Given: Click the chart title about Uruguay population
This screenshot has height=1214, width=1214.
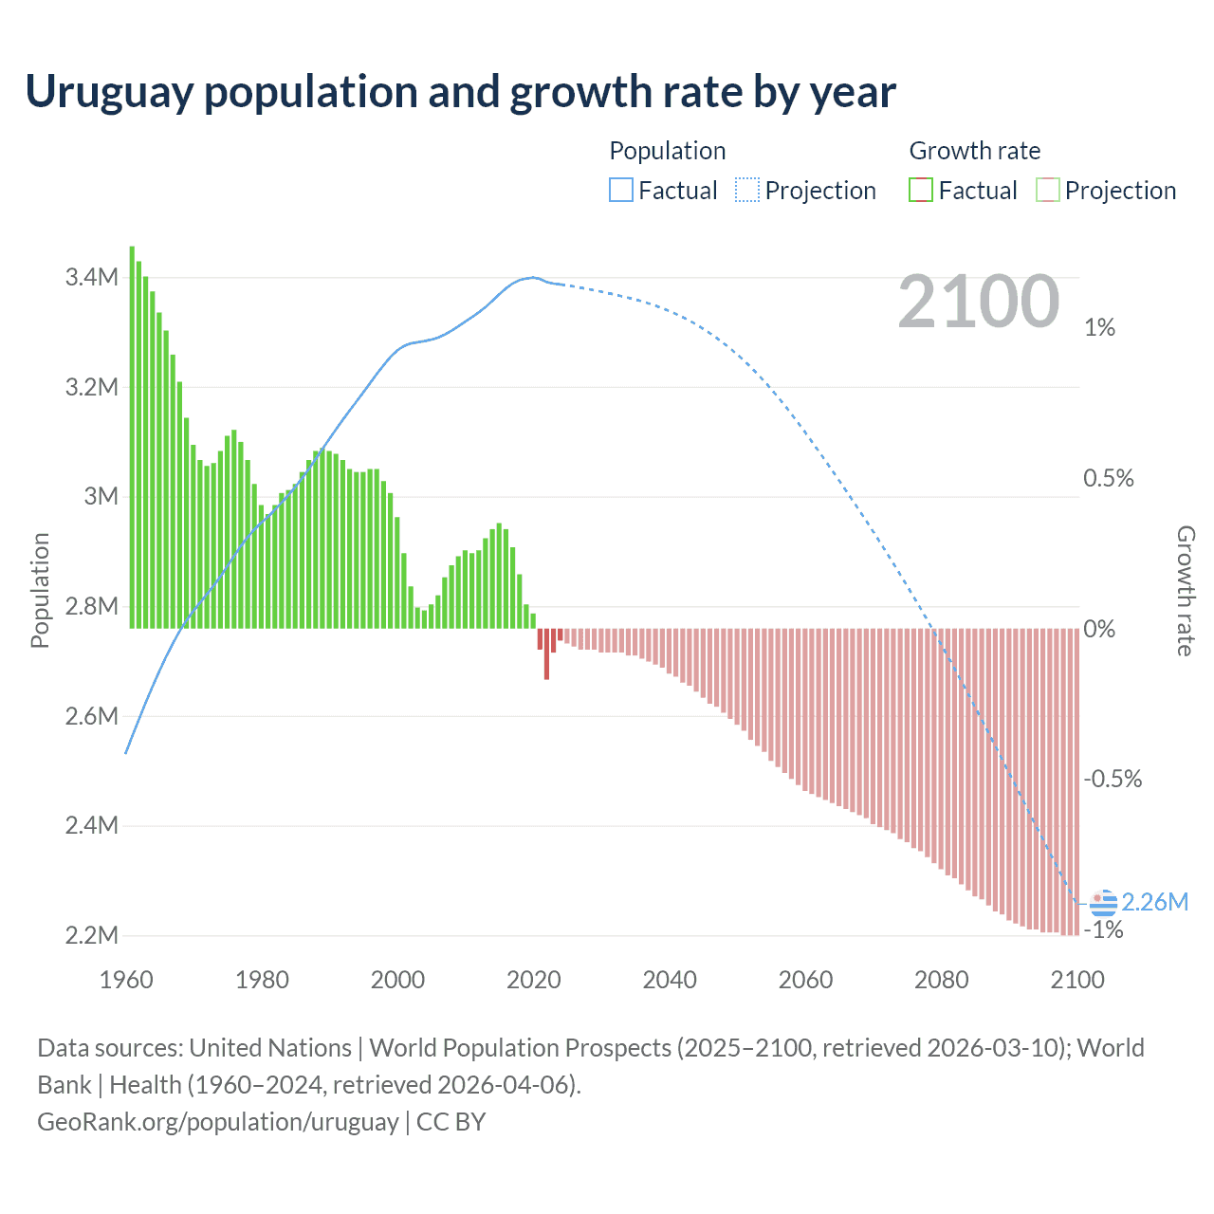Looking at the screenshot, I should pos(460,92).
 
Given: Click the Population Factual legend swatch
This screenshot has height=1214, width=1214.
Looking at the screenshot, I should pos(620,191).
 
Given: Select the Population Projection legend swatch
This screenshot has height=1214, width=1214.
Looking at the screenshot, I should pos(746,191).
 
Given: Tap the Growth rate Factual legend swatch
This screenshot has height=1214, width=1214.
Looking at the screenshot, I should pos(920,191).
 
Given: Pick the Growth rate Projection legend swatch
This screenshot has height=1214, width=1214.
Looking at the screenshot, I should pos(1047,191).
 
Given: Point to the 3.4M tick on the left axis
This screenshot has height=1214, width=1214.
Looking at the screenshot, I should pos(92,278).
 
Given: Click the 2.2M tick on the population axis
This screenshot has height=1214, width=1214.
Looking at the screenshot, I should pos(92,935).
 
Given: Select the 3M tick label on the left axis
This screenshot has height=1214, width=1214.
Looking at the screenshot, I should pos(101,497).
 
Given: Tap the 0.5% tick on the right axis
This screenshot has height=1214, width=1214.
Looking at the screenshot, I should pos(1109,479).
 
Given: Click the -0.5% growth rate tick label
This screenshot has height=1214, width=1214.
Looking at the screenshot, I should pos(1113,780).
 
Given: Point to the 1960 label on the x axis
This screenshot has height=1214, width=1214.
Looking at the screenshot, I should pos(126,980).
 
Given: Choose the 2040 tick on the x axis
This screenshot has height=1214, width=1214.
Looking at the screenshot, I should pos(670,980).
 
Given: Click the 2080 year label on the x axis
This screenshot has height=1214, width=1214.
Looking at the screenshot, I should pos(941,980).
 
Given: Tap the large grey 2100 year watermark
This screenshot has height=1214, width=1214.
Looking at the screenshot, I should pos(978,302).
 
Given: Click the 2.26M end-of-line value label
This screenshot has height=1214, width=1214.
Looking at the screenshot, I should pos(1154,902).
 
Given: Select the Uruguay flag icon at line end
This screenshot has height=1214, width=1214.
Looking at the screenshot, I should pos(1103,902).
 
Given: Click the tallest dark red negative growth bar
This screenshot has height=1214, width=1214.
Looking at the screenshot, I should pos(546,654).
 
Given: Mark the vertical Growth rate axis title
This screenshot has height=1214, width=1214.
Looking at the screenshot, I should pos(1185,591).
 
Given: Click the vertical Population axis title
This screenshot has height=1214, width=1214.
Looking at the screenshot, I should pos(40,590).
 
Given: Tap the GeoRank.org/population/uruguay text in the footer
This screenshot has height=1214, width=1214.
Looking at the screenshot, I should pos(218,1122).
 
